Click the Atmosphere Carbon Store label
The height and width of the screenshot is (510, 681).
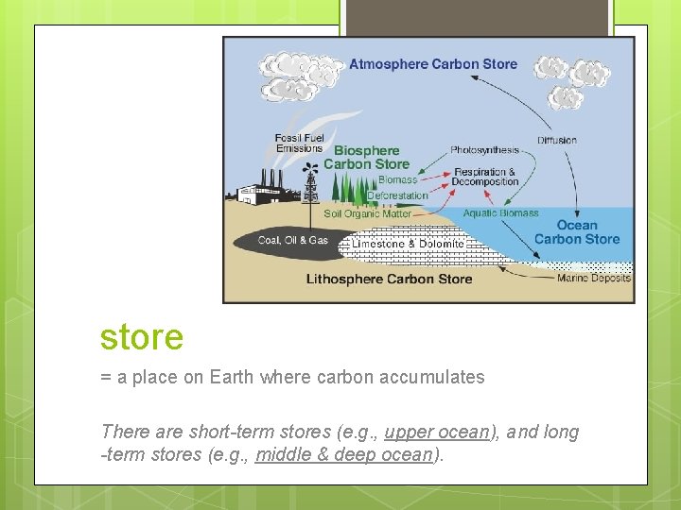click(x=433, y=64)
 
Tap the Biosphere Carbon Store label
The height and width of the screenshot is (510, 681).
click(x=367, y=157)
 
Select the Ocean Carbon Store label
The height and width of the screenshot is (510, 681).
click(x=577, y=231)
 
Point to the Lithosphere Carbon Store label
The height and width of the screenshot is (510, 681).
click(x=389, y=279)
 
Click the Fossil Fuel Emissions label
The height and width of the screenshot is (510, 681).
click(x=299, y=144)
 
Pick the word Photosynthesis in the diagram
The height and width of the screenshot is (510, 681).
click(x=484, y=149)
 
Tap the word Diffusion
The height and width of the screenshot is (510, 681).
click(x=557, y=140)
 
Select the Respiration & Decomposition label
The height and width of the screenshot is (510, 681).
click(x=485, y=177)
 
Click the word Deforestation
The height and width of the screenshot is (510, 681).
click(x=397, y=195)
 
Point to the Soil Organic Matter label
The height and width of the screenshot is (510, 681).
click(x=368, y=213)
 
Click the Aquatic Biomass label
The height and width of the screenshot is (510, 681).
click(x=500, y=213)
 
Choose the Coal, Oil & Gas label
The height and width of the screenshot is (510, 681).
click(x=293, y=240)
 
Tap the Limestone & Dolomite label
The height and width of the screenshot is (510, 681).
click(x=409, y=244)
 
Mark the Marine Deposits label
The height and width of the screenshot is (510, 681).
click(x=594, y=278)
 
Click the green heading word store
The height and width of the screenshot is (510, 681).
click(x=142, y=336)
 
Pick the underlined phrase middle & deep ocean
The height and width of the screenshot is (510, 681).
click(x=343, y=454)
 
